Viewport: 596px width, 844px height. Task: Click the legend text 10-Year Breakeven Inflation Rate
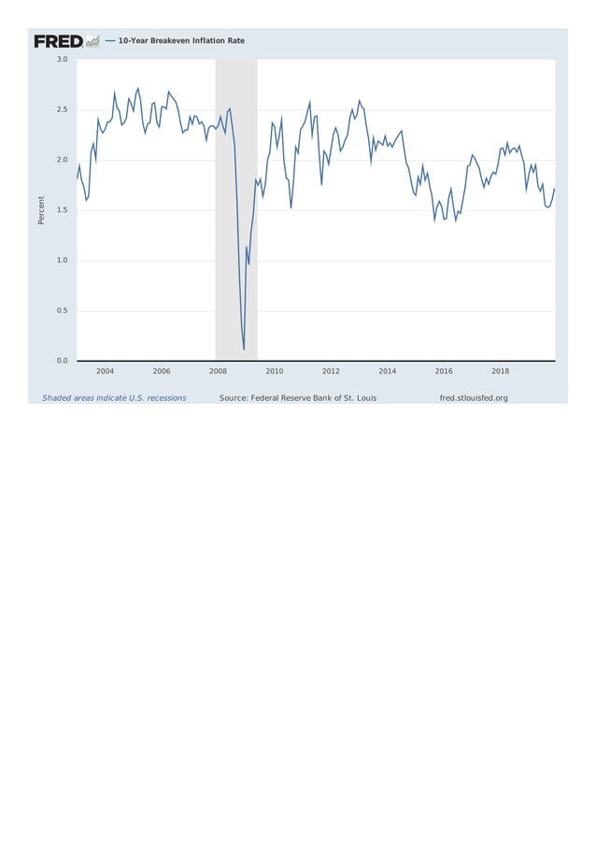pos(180,41)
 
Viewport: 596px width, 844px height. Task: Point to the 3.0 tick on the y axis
pos(62,60)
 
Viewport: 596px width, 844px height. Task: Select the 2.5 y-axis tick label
pos(62,110)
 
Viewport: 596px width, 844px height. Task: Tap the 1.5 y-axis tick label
pos(62,210)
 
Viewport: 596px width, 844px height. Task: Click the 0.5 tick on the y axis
pos(62,310)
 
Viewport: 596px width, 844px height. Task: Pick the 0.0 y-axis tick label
pos(62,361)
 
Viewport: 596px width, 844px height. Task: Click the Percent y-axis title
pos(41,209)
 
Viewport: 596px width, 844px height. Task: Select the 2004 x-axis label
pos(105,371)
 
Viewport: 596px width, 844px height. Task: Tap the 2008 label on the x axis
pos(218,371)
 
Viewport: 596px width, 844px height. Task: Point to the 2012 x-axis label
pos(331,371)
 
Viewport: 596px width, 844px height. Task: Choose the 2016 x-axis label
pos(444,371)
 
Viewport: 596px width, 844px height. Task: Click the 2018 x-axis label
pos(500,371)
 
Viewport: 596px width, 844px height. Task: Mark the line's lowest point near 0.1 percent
pos(244,350)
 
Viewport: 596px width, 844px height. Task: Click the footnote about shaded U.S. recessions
pos(114,398)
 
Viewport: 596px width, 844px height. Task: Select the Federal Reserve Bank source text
pos(298,398)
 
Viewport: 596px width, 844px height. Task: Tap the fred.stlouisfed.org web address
pos(474,398)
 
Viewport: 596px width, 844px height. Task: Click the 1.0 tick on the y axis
pos(62,261)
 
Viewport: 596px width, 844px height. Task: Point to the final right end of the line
pos(554,189)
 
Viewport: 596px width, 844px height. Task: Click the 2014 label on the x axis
pos(387,371)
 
